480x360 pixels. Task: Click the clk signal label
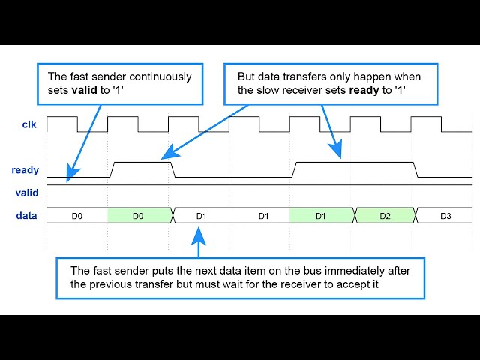coord(28,125)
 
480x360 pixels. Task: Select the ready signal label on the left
coord(25,170)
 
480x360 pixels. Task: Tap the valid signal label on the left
coord(27,193)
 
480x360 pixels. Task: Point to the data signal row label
coord(27,216)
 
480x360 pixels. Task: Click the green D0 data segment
coord(138,216)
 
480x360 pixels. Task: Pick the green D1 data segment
coord(320,216)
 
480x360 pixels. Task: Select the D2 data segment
coord(385,216)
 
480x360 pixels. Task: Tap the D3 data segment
coord(445,216)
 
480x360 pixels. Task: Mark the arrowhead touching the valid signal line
coord(69,177)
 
